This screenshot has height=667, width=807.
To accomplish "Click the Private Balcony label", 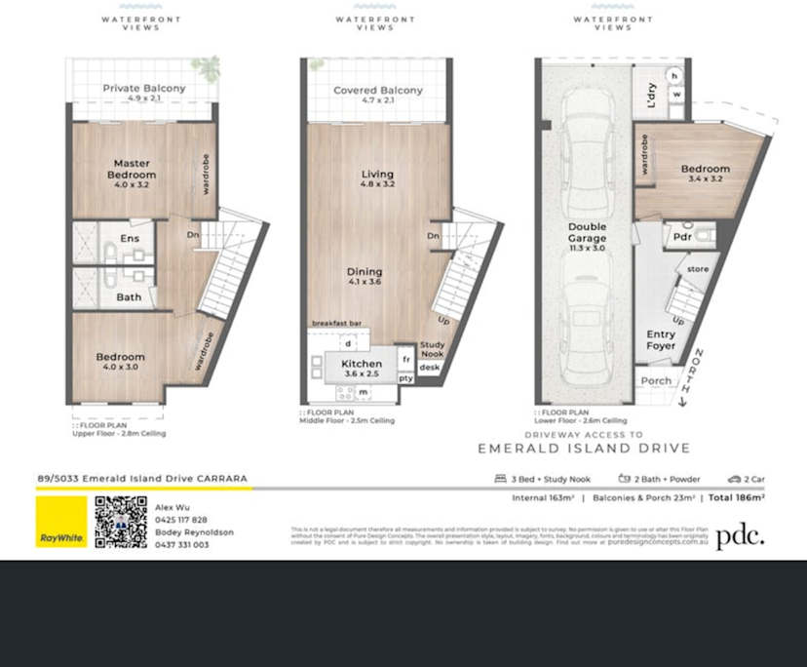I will (144, 89).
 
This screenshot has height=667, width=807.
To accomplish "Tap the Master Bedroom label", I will (134, 169).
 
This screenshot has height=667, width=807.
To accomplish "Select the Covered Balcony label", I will (378, 91).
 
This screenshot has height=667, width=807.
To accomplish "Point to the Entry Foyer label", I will (661, 340).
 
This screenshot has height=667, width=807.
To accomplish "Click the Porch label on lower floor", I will (655, 381).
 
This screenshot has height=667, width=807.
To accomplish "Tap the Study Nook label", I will (432, 349).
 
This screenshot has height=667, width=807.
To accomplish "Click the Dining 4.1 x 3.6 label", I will (364, 272).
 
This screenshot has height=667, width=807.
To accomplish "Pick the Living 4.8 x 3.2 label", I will (377, 175).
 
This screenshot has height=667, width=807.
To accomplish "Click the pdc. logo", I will (740, 536).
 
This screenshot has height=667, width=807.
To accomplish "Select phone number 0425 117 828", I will (181, 520).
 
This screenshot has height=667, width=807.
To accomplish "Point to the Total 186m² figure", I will (737, 497).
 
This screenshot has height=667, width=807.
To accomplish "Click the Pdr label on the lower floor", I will (680, 235).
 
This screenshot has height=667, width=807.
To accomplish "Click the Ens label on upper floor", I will (129, 238).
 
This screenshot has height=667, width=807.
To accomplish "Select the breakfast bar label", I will (337, 323).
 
